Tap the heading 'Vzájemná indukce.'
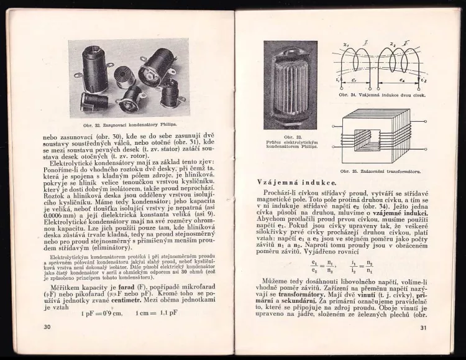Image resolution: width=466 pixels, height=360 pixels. (x=297, y=182)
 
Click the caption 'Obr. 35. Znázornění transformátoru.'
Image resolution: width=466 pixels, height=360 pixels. (x=381, y=170)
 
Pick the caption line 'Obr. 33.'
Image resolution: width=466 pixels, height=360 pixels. (x=290, y=136)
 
